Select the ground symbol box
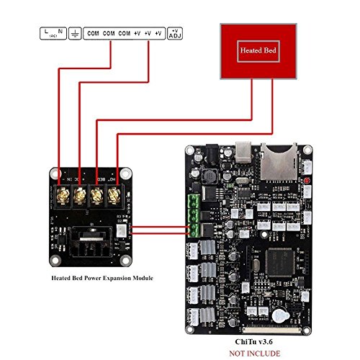[74, 33]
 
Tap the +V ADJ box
[175, 33]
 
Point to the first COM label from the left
[92, 33]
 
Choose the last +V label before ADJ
[161, 33]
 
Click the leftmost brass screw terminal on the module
[62, 195]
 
